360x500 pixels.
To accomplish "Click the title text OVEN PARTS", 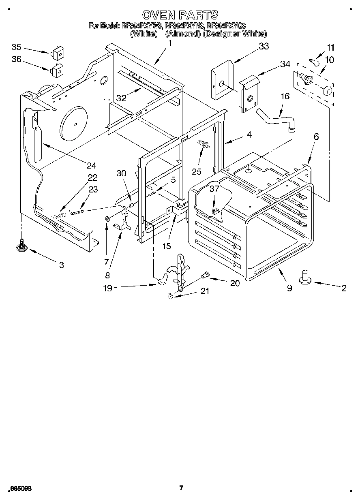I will (180, 15).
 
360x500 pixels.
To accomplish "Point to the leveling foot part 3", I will (21, 246).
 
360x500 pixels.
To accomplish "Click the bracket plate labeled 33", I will (222, 79).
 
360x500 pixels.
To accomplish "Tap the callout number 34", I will (285, 64).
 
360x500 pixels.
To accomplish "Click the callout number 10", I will (329, 60).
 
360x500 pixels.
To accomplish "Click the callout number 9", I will (289, 288).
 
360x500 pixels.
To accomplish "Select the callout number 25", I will (197, 171).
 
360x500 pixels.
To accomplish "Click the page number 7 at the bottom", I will (181, 488).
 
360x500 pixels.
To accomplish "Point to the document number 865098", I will (19, 489).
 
